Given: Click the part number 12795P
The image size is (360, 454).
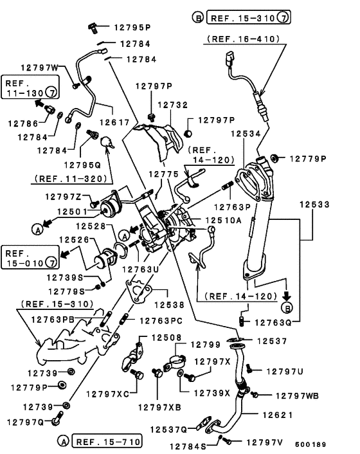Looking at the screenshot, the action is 132,28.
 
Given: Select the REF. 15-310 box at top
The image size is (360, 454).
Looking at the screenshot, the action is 248,17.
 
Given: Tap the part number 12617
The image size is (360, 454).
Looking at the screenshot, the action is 114,122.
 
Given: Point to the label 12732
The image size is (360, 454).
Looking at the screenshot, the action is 173,105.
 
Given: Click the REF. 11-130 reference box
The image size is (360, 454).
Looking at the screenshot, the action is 30,87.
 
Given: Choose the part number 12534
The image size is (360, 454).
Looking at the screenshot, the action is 246,134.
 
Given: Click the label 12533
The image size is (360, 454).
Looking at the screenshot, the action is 314,204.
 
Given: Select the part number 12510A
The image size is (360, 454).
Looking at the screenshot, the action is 224,221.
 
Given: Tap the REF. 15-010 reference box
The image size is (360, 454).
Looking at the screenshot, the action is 30,257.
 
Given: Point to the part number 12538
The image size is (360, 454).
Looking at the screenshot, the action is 169,305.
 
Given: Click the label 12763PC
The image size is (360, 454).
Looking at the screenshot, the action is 161,321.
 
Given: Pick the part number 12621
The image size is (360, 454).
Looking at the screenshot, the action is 278,415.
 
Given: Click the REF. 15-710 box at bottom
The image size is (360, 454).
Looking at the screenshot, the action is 107,442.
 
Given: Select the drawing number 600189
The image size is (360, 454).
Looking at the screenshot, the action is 310,444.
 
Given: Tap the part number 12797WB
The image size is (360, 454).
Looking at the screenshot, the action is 297,395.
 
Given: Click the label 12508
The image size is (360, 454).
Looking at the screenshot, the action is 166,338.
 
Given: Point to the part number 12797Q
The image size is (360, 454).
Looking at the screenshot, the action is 26,422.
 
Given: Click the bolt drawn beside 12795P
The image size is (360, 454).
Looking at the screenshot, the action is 93,28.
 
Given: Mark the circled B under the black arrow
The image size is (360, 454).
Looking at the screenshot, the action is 287,308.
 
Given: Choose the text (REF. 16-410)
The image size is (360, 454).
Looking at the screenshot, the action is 243,39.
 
